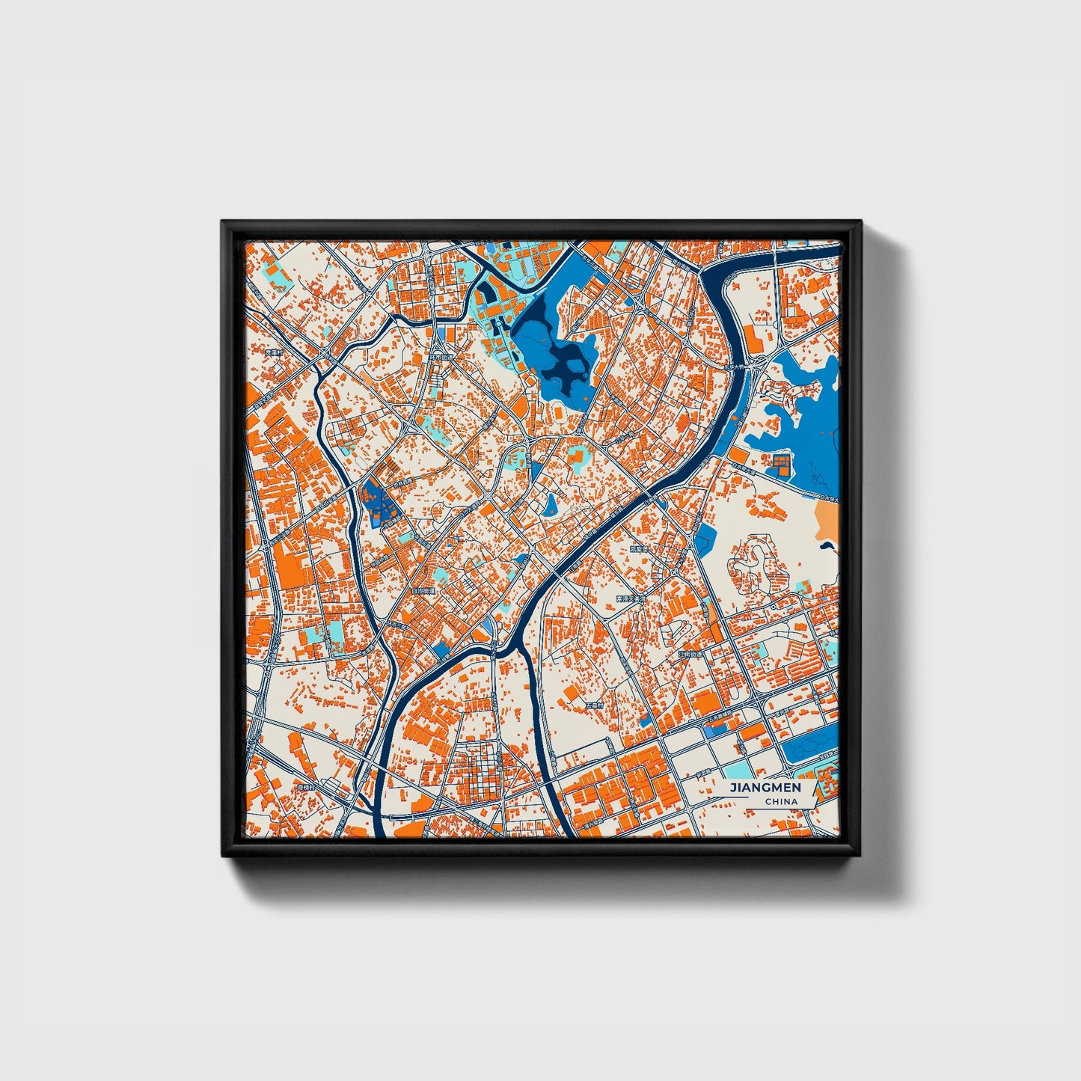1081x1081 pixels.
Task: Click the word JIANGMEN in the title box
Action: [765, 788]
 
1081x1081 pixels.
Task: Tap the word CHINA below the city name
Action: [780, 802]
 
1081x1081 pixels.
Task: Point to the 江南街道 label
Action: [691, 653]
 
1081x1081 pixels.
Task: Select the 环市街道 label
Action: [441, 358]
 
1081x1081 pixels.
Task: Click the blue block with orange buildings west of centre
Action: [379, 501]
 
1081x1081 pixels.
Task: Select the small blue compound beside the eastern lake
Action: [780, 464]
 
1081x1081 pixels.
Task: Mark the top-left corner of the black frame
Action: [223, 222]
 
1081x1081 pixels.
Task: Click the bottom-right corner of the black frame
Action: [860, 857]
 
